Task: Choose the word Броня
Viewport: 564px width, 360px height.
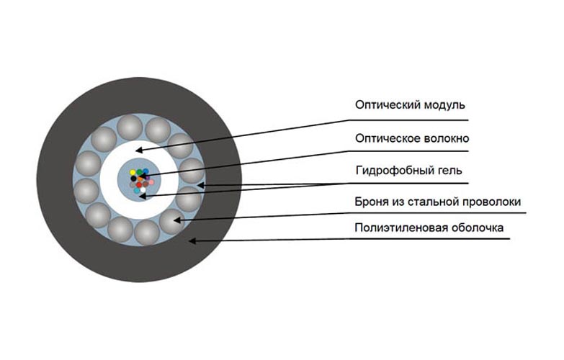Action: pyautogui.click(x=372, y=202)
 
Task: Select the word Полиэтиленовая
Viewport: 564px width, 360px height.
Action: pyautogui.click(x=395, y=228)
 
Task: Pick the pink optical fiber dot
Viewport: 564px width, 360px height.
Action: pyautogui.click(x=151, y=181)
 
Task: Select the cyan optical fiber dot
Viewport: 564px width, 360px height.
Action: pyautogui.click(x=138, y=192)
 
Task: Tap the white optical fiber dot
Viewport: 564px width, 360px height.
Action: pyautogui.click(x=143, y=190)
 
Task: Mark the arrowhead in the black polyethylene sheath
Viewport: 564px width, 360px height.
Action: pyautogui.click(x=191, y=240)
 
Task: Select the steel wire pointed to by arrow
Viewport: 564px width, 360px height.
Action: pyautogui.click(x=171, y=220)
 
